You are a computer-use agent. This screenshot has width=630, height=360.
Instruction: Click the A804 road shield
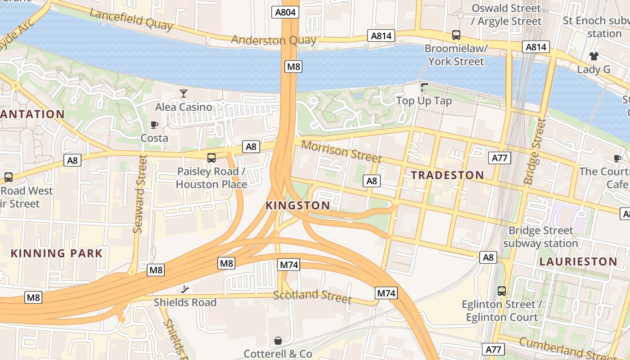[x=286, y=12]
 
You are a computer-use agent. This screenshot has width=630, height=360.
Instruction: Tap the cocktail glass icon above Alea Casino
[x=183, y=94]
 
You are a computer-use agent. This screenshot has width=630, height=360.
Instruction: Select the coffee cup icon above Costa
[x=154, y=125]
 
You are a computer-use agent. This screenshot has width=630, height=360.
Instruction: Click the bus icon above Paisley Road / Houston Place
[x=211, y=158]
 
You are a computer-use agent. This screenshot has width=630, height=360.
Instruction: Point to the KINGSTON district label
[x=297, y=206]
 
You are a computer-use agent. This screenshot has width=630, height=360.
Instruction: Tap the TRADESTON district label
[x=447, y=175]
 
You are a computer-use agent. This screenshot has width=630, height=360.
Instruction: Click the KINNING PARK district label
[x=57, y=253]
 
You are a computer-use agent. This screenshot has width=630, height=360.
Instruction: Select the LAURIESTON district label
[x=578, y=261]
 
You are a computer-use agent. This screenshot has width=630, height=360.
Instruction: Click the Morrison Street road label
[x=341, y=151]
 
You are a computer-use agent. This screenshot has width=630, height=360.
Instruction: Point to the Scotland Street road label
[x=312, y=296]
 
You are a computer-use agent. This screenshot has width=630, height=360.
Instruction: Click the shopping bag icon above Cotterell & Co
[x=278, y=341]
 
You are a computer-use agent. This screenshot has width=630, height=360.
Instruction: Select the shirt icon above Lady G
[x=594, y=56]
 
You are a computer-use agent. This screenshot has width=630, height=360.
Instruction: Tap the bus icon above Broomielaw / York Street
[x=456, y=35]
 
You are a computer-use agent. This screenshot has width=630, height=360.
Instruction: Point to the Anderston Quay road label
[x=274, y=40]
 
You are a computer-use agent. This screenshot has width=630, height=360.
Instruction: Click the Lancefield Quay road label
[x=131, y=20]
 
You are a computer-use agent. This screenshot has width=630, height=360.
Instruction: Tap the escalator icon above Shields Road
[x=185, y=289]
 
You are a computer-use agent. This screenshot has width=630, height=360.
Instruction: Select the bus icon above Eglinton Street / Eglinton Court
[x=502, y=291]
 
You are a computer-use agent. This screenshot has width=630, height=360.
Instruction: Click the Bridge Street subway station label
[x=540, y=237]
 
